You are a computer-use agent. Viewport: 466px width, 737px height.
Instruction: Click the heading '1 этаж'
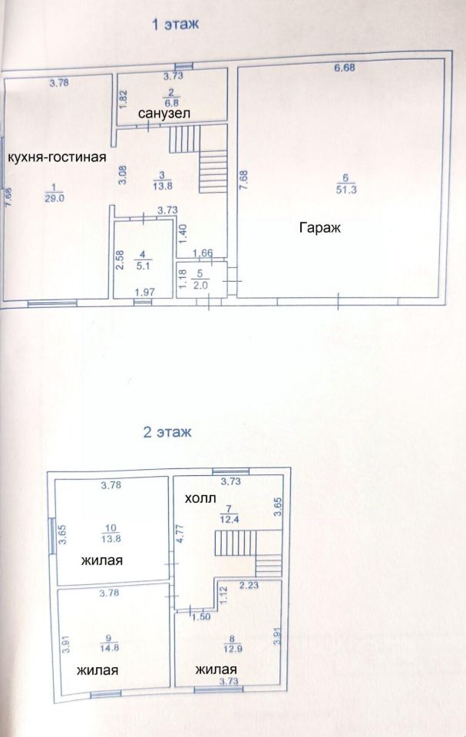pos(175,24)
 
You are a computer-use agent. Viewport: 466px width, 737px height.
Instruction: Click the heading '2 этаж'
pos(167,432)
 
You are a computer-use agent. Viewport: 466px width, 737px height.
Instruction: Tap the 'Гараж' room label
pos(320,228)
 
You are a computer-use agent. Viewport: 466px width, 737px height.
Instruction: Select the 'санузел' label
pos(164,114)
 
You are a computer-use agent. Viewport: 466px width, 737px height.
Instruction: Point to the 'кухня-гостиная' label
pos(57,157)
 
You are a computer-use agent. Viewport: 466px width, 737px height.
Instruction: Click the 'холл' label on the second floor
pos(200,498)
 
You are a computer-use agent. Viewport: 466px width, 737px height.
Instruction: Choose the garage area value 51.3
pos(346,190)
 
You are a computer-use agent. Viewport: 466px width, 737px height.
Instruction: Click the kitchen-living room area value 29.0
pos(55,198)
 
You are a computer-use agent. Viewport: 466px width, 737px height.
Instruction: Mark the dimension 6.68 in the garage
pos(344,68)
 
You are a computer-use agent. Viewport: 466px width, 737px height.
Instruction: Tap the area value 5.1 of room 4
pos(143,266)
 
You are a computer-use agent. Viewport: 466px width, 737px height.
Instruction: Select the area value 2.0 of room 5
pos(200,286)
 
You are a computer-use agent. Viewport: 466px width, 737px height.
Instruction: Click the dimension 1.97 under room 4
pos(145,292)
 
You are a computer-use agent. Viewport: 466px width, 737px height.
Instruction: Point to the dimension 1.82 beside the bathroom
pos(122,100)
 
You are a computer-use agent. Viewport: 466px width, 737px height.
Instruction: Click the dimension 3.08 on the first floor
pos(123,175)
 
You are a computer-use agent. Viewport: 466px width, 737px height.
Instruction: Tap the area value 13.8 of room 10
pos(111,539)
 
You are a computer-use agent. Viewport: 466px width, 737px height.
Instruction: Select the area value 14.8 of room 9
pos(109,647)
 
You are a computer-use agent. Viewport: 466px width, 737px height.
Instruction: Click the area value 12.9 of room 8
pos(231,649)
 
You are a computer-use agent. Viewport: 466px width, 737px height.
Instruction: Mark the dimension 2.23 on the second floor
pos(249,585)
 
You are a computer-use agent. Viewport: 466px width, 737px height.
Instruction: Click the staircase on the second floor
pos(248,553)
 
